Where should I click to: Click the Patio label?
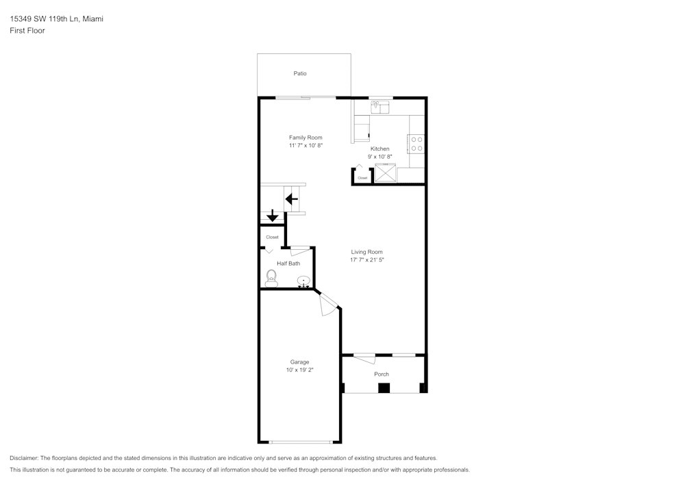coord(300,73)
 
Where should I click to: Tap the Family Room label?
coord(306,138)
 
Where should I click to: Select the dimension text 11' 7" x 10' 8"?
coord(306,146)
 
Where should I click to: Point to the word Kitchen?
coord(379,149)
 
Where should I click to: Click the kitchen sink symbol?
coord(379,107)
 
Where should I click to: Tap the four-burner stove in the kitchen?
coord(416,144)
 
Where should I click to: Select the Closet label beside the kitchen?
coord(362,178)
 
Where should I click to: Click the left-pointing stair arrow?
coord(292,199)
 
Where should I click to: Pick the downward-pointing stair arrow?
coord(272,216)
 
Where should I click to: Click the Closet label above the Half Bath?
coord(272,237)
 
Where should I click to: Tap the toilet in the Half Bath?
coord(271,277)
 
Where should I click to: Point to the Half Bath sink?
coord(303,281)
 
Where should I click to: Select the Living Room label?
coord(366,251)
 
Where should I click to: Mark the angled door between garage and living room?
coord(329,303)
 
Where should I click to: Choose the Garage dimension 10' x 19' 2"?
coord(299,370)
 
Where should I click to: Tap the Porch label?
coord(382,374)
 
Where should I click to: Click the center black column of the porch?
coord(384,388)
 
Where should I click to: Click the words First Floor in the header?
coord(27,31)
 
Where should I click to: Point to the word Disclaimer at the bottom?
coord(24,458)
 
